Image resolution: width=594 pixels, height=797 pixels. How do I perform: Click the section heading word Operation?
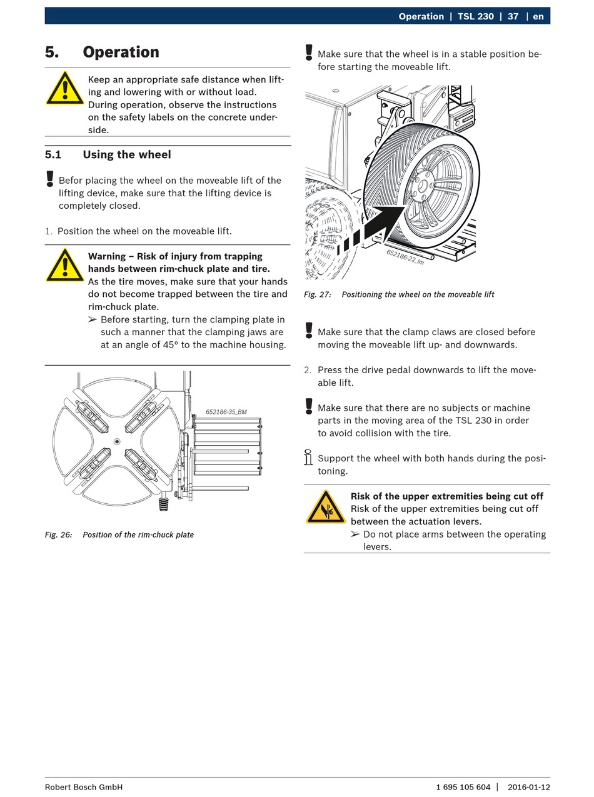pyautogui.click(x=121, y=52)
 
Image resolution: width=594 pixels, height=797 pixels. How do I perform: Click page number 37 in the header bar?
pyautogui.click(x=513, y=16)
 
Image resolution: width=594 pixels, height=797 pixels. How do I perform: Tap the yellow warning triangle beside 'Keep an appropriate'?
pyautogui.click(x=64, y=89)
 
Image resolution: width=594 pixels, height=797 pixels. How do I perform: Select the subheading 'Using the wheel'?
pyautogui.click(x=126, y=154)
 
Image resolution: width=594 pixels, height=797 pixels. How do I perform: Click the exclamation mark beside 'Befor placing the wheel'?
pyautogui.click(x=50, y=179)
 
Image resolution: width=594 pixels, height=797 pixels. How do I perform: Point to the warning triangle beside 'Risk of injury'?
pyautogui.click(x=64, y=266)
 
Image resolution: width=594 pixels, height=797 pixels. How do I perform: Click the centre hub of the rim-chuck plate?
pyautogui.click(x=117, y=441)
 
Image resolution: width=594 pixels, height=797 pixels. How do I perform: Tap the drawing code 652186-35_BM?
pyautogui.click(x=226, y=412)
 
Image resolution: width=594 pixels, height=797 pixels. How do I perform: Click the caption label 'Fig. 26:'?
pyautogui.click(x=58, y=534)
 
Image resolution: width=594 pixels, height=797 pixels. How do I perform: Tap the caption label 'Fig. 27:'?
pyautogui.click(x=318, y=294)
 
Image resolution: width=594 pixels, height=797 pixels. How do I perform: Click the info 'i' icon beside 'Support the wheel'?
pyautogui.click(x=308, y=458)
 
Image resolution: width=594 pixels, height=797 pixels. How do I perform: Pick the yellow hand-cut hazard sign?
pyautogui.click(x=326, y=507)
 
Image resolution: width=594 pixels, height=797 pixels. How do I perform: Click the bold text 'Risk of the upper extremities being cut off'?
pyautogui.click(x=446, y=496)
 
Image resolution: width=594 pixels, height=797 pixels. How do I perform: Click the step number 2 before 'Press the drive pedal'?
pyautogui.click(x=308, y=370)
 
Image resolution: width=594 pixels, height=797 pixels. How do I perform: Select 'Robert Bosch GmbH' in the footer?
pyautogui.click(x=84, y=787)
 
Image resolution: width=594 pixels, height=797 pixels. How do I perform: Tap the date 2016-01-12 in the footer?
pyautogui.click(x=528, y=787)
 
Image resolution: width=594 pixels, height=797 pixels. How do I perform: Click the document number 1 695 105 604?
pyautogui.click(x=463, y=787)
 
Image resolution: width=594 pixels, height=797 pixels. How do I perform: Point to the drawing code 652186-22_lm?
pyautogui.click(x=405, y=257)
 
